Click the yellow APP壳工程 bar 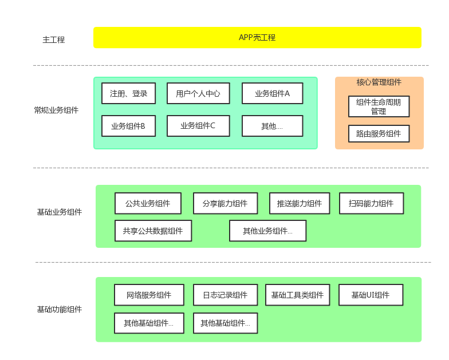[x=257, y=38]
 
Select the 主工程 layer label [x=54, y=40]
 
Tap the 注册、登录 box [x=128, y=93]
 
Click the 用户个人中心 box [x=198, y=93]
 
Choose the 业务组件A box [x=272, y=93]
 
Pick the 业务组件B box [x=128, y=126]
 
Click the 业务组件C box [x=198, y=126]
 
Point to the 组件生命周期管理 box [x=379, y=106]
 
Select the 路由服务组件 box [x=379, y=134]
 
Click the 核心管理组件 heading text [x=379, y=82]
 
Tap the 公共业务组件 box [x=148, y=203]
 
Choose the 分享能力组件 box [x=225, y=203]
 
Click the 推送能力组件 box [x=300, y=203]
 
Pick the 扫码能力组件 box [x=371, y=203]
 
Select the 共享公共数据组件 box [x=153, y=231]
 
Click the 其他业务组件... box [x=267, y=231]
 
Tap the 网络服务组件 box [x=149, y=295]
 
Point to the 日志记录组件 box [x=225, y=295]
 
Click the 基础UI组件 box [x=371, y=295]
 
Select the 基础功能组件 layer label [x=60, y=310]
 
